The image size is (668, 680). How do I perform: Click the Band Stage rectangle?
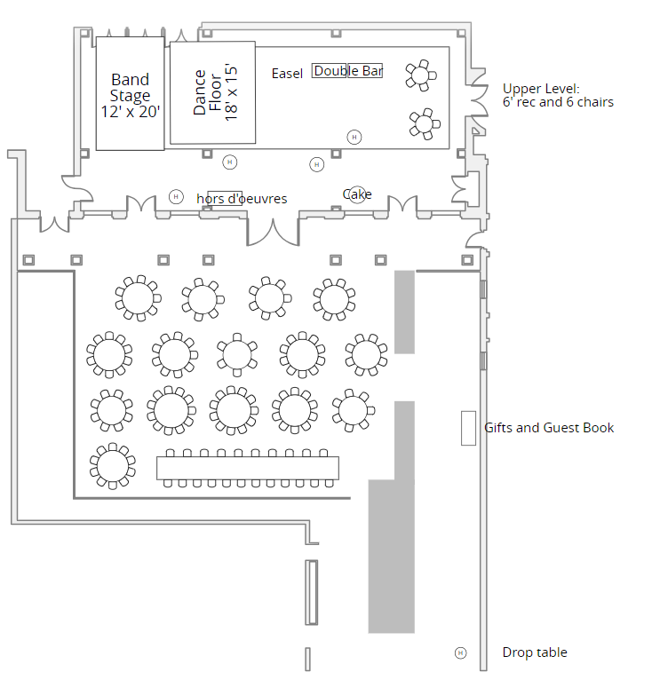click(130, 93)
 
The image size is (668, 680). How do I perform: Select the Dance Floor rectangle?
click(213, 92)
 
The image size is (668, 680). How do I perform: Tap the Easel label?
click(287, 74)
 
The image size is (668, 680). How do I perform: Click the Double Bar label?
click(347, 71)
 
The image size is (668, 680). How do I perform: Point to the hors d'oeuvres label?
click(242, 199)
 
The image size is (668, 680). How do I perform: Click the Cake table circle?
click(357, 194)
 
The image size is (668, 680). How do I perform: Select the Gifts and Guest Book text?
click(549, 428)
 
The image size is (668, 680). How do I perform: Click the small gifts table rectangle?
click(468, 429)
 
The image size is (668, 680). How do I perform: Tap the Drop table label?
click(535, 652)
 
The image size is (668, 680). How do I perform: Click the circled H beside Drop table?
click(460, 652)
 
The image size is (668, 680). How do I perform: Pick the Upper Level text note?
click(558, 95)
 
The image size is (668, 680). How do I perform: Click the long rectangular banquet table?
click(249, 468)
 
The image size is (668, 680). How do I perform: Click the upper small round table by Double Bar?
click(421, 75)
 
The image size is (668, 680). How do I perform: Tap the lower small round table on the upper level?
click(425, 123)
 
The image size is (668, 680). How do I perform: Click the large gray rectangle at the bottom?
click(392, 556)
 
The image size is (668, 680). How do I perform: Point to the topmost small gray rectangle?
click(404, 312)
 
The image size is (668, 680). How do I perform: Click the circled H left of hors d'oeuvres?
click(176, 196)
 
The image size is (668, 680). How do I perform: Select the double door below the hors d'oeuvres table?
click(273, 230)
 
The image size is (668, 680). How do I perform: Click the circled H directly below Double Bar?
click(354, 137)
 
